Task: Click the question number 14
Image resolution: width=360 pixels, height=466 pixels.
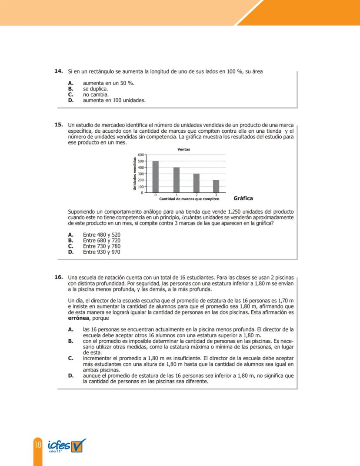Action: coord(58,71)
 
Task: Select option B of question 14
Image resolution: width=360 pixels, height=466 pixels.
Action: coord(95,88)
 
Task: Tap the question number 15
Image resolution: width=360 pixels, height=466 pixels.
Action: coord(58,125)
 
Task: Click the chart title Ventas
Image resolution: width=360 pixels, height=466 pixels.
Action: coord(184,149)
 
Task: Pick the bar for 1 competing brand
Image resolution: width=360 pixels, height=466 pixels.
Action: coord(177,180)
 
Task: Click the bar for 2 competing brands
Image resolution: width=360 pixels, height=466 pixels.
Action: coord(197,183)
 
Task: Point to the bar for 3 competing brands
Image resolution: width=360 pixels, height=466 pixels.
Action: coord(216,186)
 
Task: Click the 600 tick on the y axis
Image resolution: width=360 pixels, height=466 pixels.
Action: coord(140,155)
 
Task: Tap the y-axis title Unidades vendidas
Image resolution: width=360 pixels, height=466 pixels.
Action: coord(135,173)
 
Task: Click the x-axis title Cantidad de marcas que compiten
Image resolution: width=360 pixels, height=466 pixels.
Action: coord(189,199)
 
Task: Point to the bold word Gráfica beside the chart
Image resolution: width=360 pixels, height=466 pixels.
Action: coord(243,198)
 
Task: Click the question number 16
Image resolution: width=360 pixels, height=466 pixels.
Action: coord(58,277)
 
